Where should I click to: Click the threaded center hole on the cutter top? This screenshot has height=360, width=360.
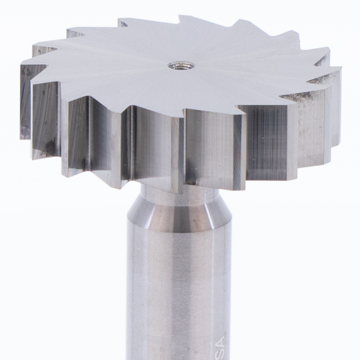[x=181, y=66]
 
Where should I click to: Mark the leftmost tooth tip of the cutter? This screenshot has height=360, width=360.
[x=21, y=65]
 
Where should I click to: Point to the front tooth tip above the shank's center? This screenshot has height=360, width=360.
[x=183, y=118]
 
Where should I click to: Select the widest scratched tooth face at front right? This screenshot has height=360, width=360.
[x=266, y=141]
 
